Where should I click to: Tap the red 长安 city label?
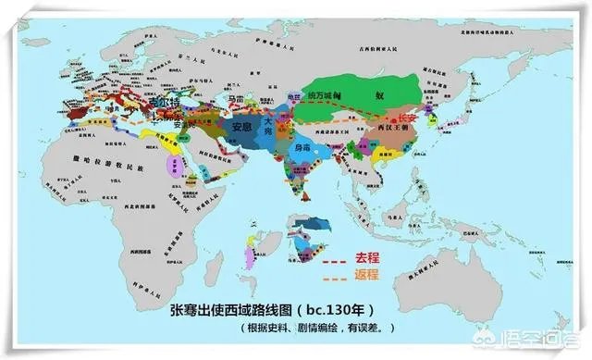[x=404, y=118]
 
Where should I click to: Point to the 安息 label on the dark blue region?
[x=241, y=127]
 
